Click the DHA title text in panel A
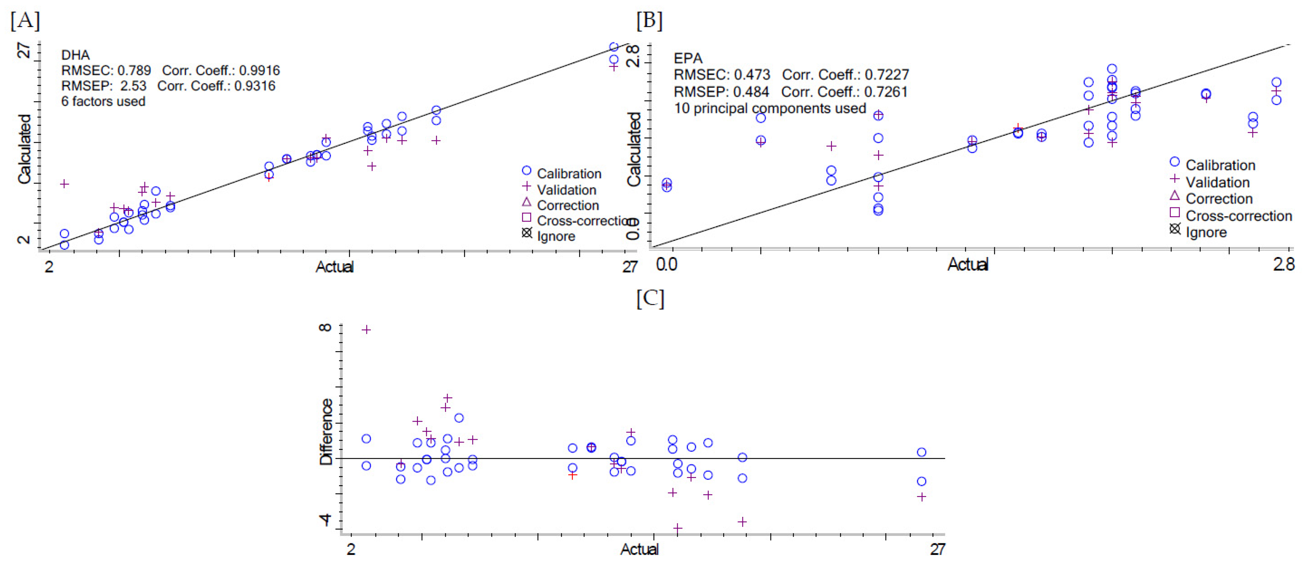tap(75, 55)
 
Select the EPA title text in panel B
tap(688, 58)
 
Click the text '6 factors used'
tap(103, 101)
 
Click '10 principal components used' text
tap(770, 109)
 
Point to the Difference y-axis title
tap(326, 431)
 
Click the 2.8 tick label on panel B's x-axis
tap(1283, 264)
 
